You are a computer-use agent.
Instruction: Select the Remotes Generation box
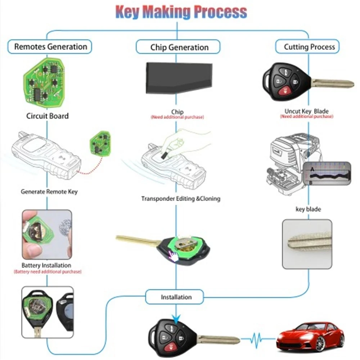pos(50,47)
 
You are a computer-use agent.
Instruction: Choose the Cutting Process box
pos(309,47)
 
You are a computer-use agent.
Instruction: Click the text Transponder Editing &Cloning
pos(180,199)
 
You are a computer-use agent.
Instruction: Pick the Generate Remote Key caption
pos(49,192)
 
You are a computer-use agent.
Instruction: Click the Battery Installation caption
pos(48,265)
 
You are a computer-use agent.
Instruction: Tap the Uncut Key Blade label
pos(306,111)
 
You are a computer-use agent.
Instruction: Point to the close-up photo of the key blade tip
pos(307,244)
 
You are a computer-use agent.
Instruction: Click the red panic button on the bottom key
pos(171,348)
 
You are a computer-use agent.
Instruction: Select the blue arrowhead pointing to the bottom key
pos(176,318)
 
